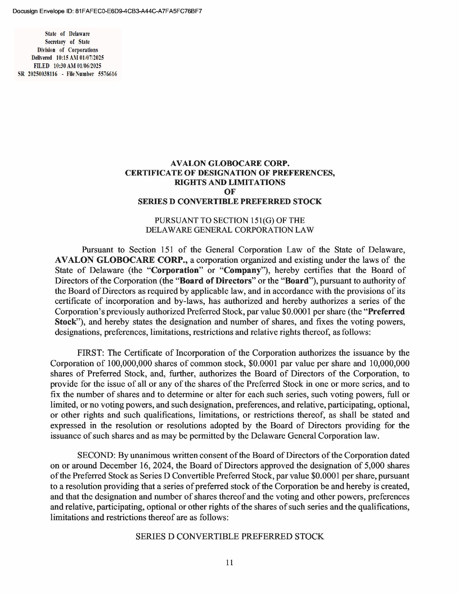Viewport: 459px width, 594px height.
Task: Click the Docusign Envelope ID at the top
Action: [107, 11]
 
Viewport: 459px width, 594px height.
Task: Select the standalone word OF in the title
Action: [230, 192]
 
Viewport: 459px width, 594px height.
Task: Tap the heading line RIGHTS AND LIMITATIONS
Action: [230, 183]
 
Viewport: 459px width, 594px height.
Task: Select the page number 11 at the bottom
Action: [230, 562]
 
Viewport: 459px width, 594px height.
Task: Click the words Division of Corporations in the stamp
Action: [68, 50]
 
